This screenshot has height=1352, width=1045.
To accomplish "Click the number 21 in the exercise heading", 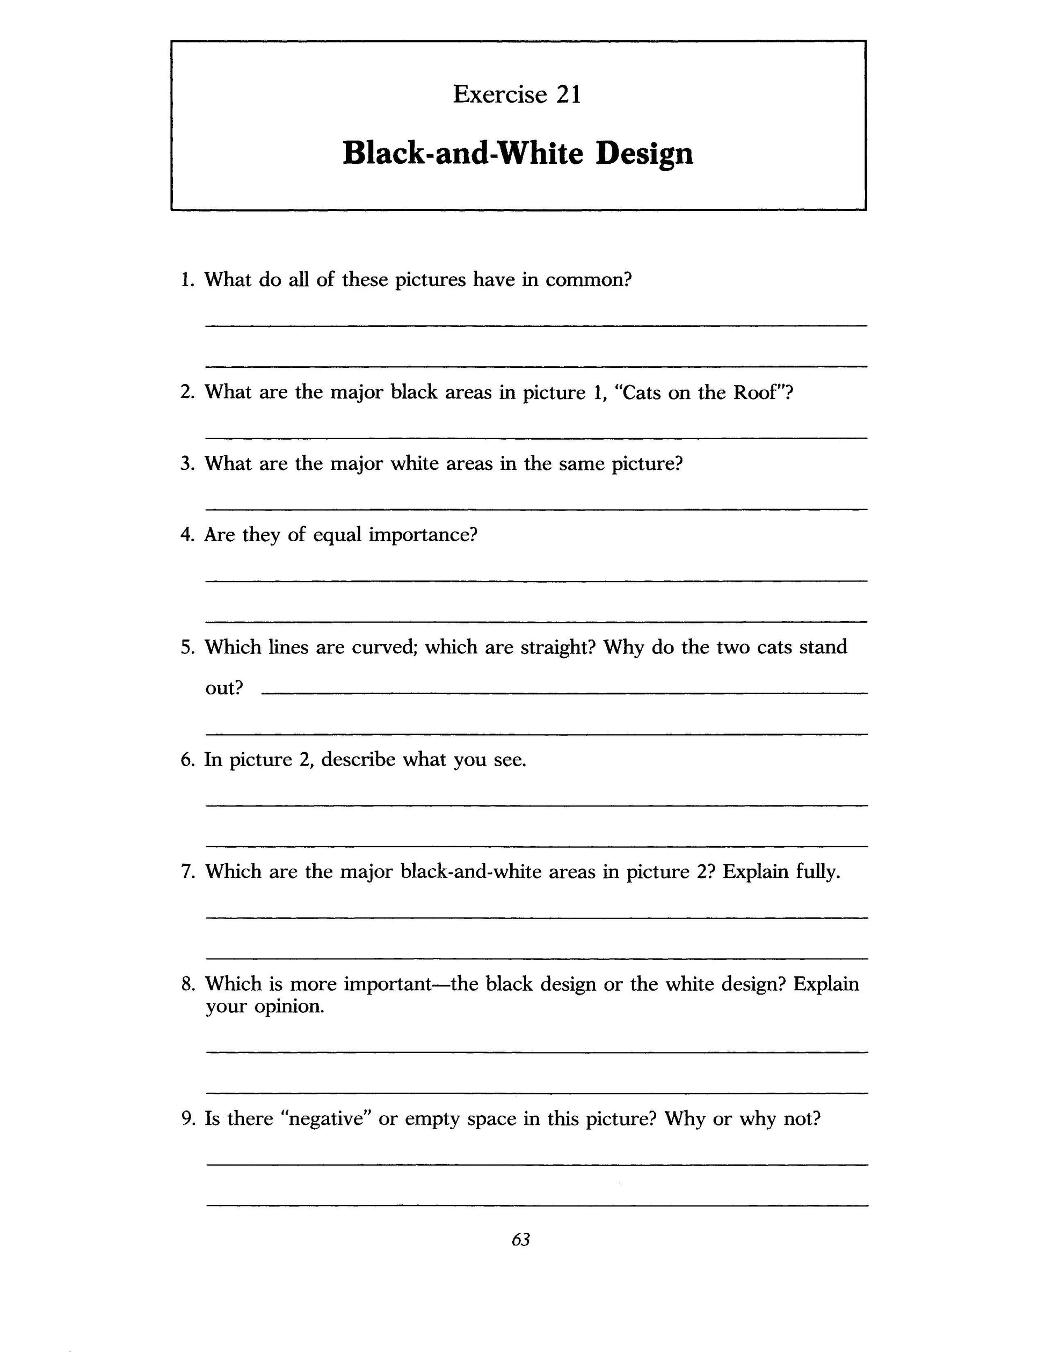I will click(x=568, y=95).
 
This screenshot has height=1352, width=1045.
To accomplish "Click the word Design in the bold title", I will click(x=644, y=154).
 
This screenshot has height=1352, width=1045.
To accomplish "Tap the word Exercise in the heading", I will click(x=500, y=95).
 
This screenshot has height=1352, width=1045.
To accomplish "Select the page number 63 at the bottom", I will click(x=521, y=1239).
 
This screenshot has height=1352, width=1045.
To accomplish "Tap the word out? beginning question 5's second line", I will click(x=224, y=688).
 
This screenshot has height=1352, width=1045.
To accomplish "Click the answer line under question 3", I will click(x=536, y=509).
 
